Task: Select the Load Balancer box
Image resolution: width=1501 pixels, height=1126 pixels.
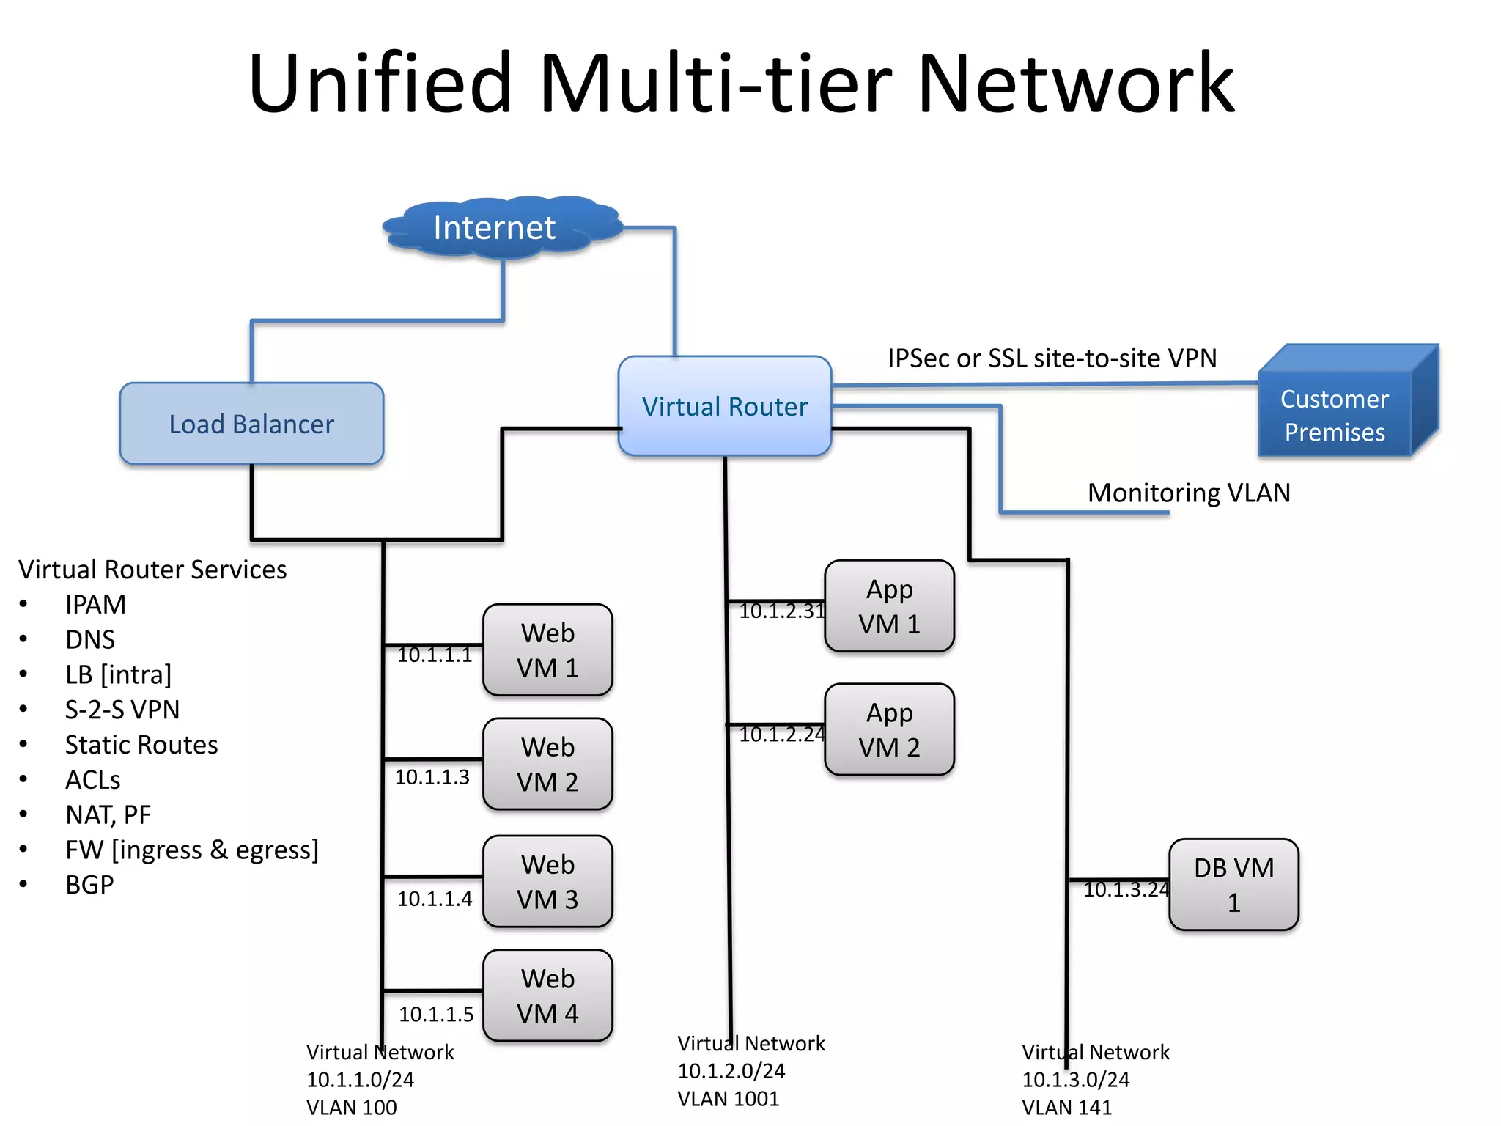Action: coord(251,424)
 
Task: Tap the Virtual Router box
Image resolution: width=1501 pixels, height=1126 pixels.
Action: coord(724,406)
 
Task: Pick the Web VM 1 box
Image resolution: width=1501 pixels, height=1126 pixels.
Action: coord(547,650)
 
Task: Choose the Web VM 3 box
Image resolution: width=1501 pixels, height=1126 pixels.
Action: coord(547,882)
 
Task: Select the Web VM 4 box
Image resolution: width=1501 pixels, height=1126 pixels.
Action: coord(547,996)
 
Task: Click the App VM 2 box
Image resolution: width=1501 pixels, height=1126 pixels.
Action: coord(889,730)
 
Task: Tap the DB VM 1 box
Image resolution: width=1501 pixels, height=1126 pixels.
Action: coord(1233,885)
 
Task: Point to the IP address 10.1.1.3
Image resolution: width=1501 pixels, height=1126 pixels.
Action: coord(432,777)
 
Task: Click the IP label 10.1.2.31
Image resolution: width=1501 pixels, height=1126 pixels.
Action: coord(781,611)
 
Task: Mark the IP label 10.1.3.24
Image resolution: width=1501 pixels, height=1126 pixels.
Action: coord(1125,890)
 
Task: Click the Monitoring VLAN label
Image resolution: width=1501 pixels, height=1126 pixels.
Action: coord(1188,493)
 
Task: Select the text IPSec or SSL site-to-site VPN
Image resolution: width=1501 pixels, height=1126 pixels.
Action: coord(1052,358)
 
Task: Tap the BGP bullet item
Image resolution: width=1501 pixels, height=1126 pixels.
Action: coord(89,885)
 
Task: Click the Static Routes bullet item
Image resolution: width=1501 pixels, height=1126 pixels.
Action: coord(141,745)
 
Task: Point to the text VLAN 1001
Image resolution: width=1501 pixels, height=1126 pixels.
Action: coord(728,1099)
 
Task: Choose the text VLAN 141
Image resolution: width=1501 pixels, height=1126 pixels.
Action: coord(1066,1107)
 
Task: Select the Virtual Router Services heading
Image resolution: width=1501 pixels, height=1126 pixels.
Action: coord(152,570)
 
